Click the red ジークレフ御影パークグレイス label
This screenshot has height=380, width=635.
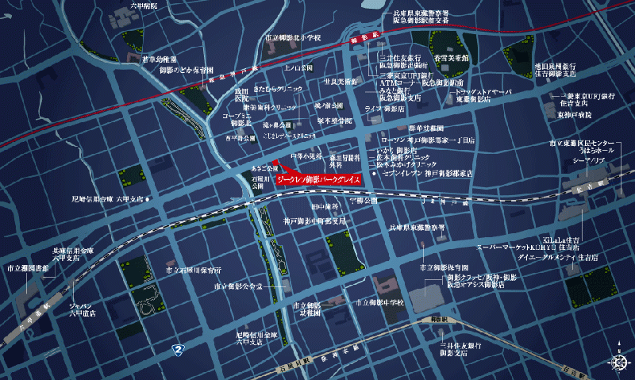319,180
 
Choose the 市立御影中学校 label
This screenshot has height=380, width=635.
381,303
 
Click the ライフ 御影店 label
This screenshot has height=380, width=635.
384,108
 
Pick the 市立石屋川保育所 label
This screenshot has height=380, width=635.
194,270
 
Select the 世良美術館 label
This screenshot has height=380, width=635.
340,81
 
